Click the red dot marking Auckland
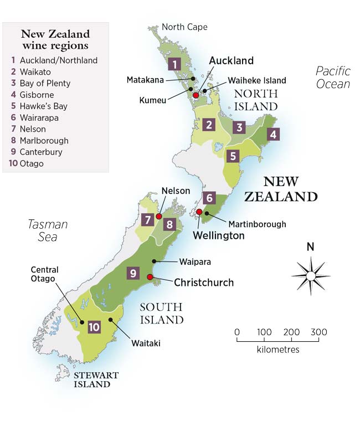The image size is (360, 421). pos(196,95)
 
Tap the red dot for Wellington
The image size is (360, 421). pos(199,211)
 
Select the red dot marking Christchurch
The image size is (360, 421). pos(150,277)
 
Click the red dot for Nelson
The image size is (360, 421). pos(159,216)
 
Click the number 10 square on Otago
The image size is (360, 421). pos(94,327)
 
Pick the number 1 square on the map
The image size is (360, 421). pos(175,64)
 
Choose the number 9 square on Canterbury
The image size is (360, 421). pos(133,273)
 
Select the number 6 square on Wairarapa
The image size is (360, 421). pos(208,198)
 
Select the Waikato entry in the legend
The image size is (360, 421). pos(35,71)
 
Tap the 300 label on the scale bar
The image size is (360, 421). pos(318,332)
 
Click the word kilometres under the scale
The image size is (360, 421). pos(278,350)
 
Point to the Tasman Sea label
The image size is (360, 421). pos(48,230)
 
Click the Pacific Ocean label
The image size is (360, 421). pos(333,78)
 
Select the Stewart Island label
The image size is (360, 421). pos(97,379)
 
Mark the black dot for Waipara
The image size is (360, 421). pos(155,260)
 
